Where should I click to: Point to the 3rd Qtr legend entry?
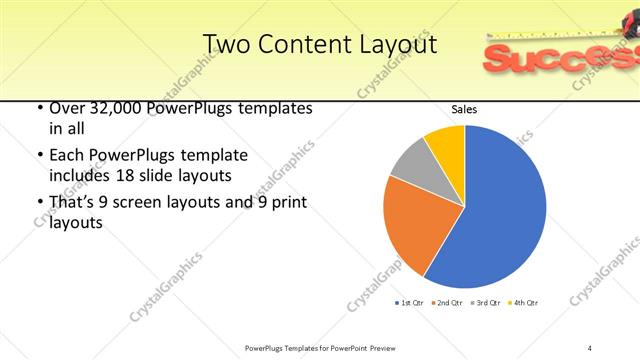coord(485,302)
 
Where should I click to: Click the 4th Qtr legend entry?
coord(523,302)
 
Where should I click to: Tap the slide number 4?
coord(591,347)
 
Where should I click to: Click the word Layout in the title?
coord(394,45)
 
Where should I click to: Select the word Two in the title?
coord(225,45)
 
